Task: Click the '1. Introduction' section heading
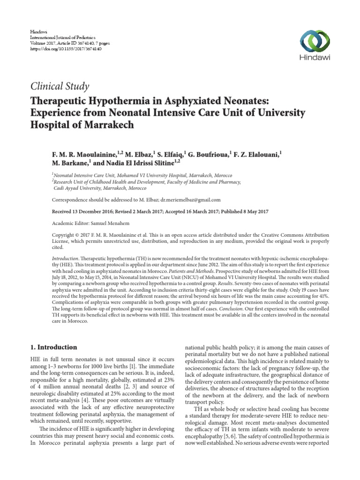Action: pyautogui.click(x=53, y=347)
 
